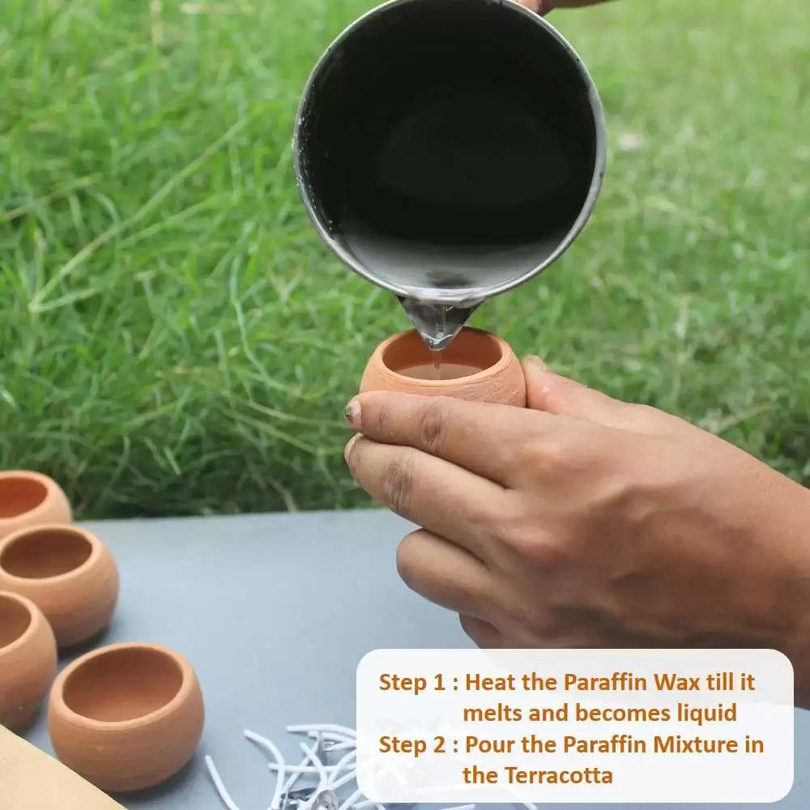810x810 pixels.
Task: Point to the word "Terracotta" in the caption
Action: click(x=558, y=775)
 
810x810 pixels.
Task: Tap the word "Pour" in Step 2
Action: click(x=490, y=745)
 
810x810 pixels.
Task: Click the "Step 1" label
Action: click(x=411, y=683)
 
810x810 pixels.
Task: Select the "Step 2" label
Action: click(x=412, y=745)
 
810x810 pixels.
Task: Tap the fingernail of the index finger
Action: click(x=353, y=410)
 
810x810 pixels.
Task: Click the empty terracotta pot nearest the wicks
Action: click(x=126, y=716)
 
